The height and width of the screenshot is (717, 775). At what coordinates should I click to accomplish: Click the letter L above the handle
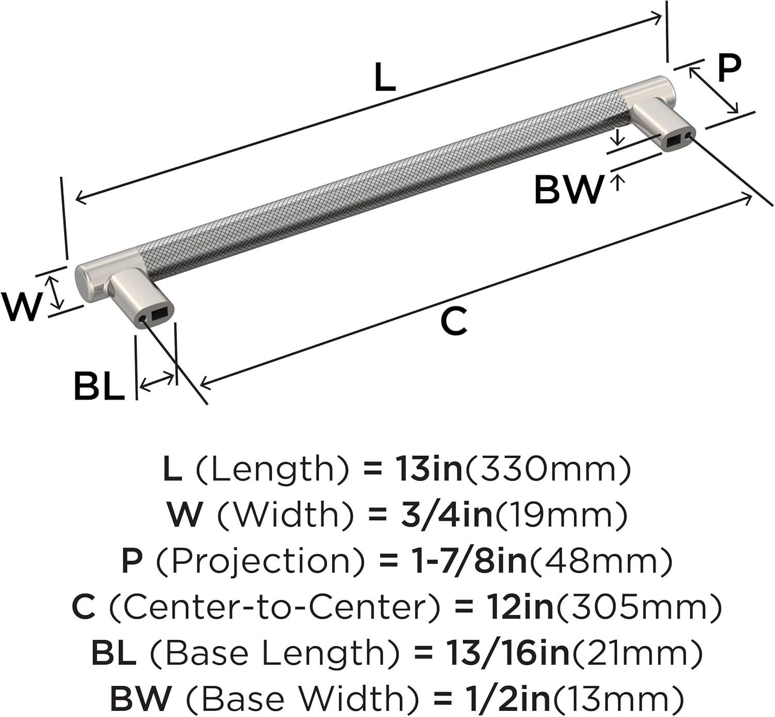[x=384, y=77]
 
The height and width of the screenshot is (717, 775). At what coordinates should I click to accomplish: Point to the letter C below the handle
[x=454, y=321]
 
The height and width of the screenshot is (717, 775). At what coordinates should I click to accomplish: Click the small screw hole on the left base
[x=142, y=320]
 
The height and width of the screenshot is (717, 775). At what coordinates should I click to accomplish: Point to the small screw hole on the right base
[x=688, y=136]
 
